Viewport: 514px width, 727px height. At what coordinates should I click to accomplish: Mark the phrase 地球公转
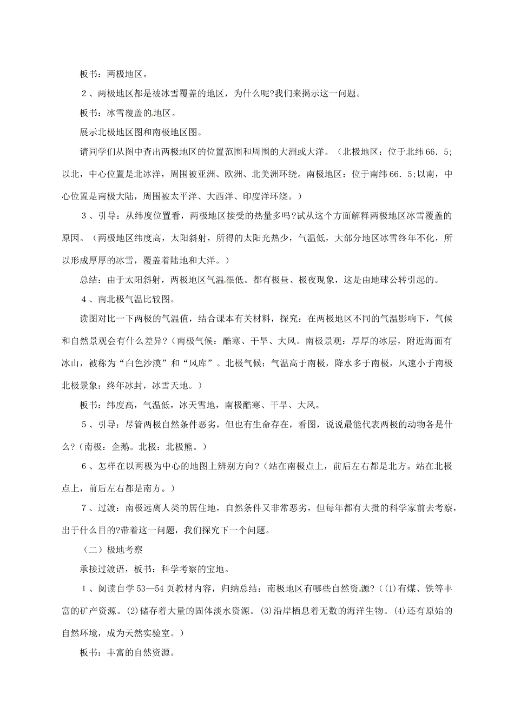point(384,280)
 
